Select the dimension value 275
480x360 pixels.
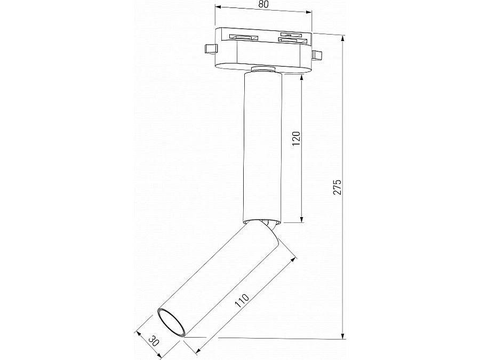(x=337, y=187)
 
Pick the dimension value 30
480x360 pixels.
(x=154, y=339)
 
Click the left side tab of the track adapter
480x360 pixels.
(x=211, y=49)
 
